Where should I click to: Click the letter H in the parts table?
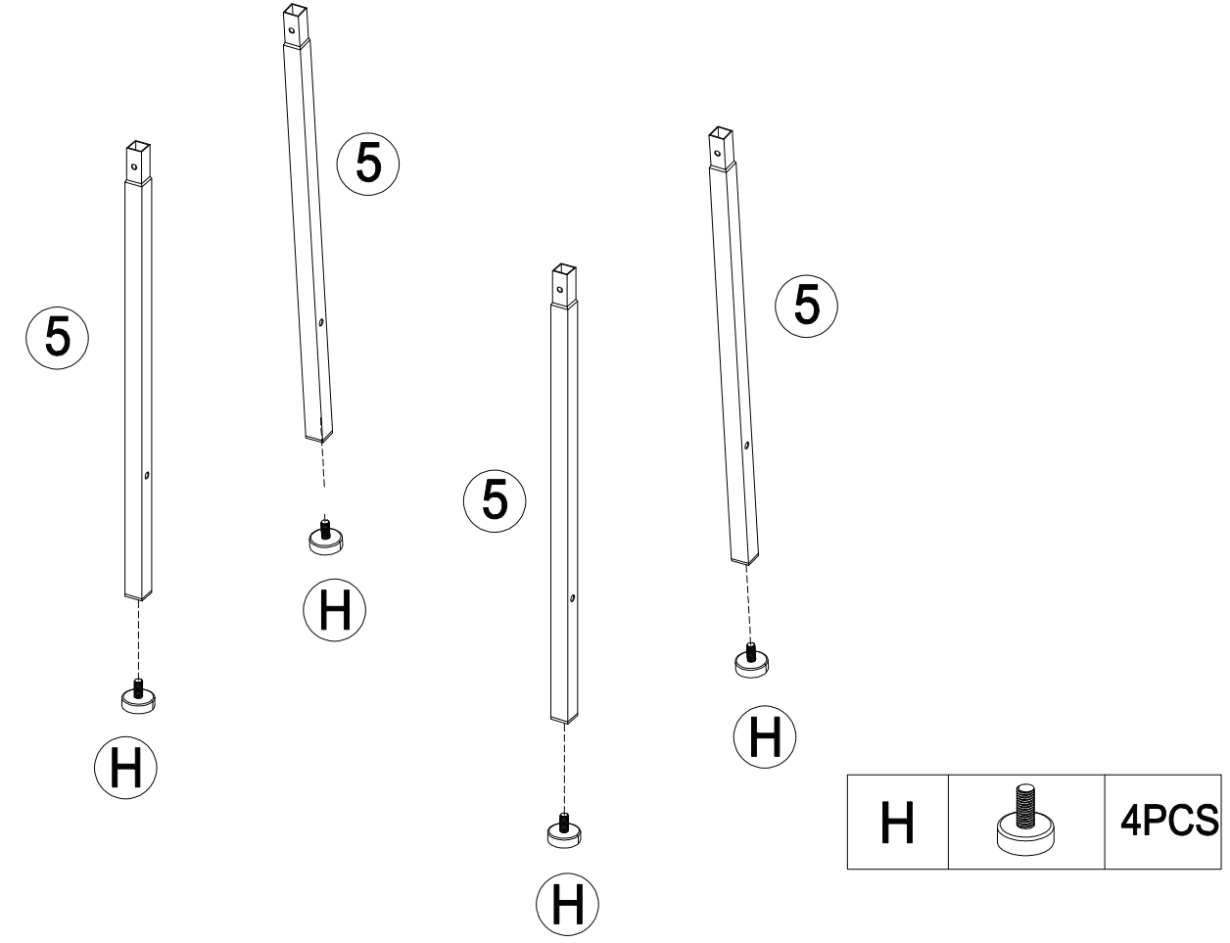(896, 823)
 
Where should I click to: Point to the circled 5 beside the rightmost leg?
(805, 306)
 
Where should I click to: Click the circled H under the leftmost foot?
(125, 768)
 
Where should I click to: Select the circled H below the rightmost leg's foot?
(765, 736)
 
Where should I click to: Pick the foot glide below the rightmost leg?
(751, 663)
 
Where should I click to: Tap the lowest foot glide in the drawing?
(564, 830)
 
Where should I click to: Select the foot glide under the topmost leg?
(323, 538)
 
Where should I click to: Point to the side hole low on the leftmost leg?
(145, 475)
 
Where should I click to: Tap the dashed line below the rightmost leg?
(748, 602)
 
